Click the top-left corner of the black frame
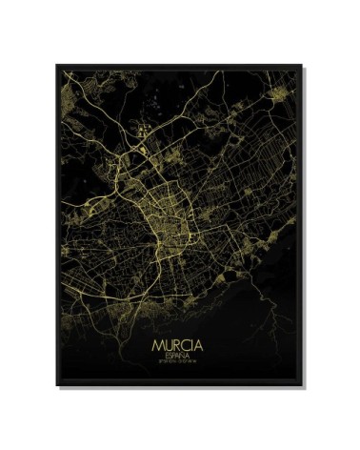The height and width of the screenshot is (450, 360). pyautogui.click(x=45, y=60)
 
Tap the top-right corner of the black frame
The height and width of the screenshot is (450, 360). pyautogui.click(x=315, y=60)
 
